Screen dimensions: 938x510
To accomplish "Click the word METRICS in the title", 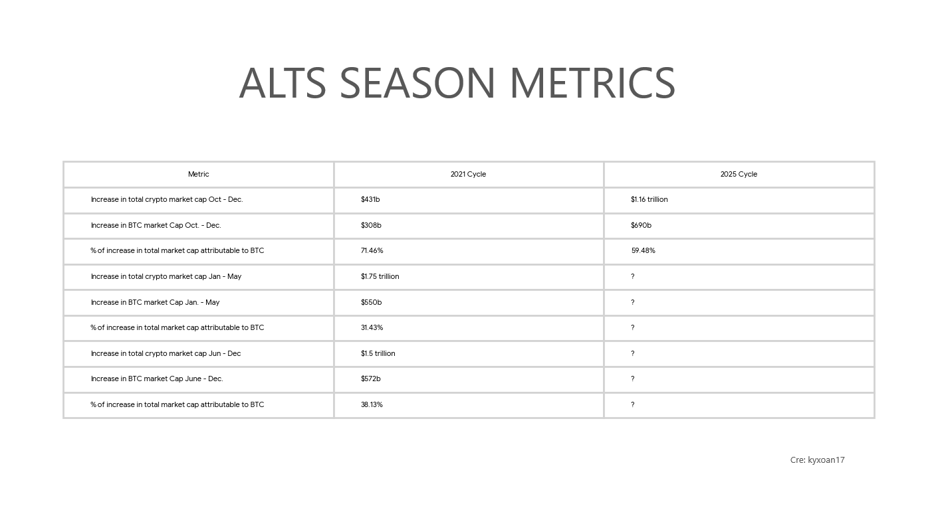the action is point(592,83).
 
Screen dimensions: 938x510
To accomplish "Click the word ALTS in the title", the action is point(283,83).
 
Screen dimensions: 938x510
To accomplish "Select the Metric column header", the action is point(199,174).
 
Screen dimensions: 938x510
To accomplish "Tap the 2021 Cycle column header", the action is point(468,174).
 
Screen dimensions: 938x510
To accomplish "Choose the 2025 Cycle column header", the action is point(739,174).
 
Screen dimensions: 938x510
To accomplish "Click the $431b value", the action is point(370,200).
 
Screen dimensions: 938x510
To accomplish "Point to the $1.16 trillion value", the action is point(649,200).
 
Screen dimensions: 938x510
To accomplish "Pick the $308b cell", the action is point(371,226).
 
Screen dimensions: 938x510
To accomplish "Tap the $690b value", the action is point(641,226).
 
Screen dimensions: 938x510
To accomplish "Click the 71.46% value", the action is point(372,250).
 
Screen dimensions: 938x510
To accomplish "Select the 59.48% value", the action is point(644,250).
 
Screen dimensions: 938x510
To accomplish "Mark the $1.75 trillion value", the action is point(380,276).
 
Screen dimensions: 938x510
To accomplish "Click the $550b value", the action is point(372,303).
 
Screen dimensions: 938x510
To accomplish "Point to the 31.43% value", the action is point(372,327).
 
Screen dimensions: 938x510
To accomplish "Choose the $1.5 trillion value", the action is point(378,353).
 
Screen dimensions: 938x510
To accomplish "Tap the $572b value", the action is point(370,379).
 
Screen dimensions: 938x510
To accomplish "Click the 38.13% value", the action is point(372,404).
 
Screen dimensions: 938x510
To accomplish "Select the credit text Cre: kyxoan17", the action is point(818,460).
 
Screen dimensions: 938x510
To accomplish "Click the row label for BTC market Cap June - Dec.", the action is point(157,379).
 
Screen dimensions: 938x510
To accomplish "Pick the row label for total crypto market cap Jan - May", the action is point(166,276).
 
